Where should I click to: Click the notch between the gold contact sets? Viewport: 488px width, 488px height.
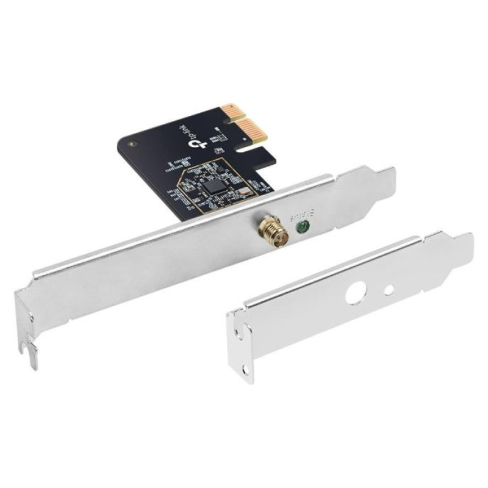coord(233,126)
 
